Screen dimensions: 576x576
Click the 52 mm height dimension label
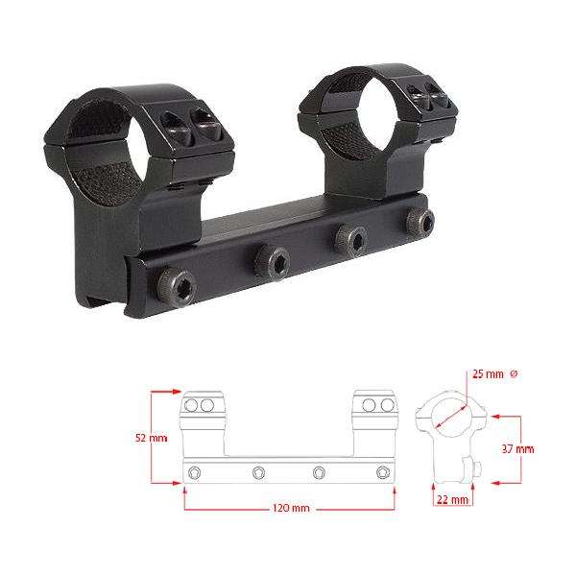coord(152,438)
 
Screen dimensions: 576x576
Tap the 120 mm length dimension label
coord(291,509)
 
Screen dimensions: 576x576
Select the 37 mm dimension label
coord(518,449)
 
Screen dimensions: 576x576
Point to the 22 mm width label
coord(452,500)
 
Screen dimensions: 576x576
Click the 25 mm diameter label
coord(488,374)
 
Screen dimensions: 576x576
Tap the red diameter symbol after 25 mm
coord(514,374)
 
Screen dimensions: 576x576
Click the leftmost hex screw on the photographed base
coord(177,288)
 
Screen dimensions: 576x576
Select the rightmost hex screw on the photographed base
coord(420,222)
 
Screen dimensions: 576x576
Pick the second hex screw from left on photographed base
coord(273,261)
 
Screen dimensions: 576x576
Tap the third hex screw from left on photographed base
coord(350,240)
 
